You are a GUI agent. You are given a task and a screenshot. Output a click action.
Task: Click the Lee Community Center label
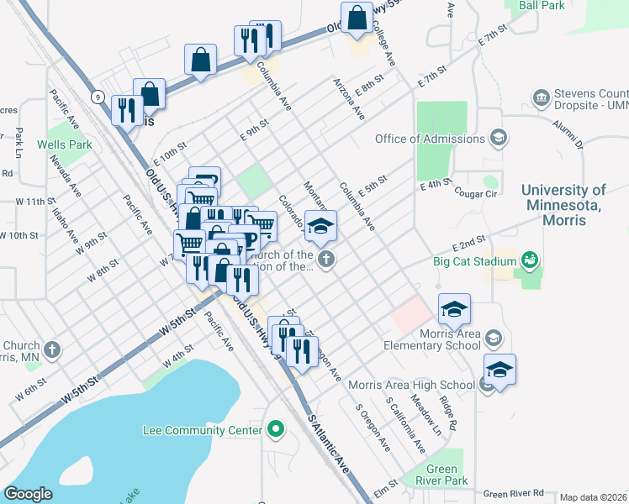[x=202, y=431]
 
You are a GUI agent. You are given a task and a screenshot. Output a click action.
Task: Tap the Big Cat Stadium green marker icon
[x=530, y=260]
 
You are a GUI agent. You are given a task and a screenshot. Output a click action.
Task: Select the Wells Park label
[x=64, y=144]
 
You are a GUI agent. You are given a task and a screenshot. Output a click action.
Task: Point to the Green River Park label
[x=441, y=475]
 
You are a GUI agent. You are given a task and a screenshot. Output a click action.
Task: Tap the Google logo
[x=29, y=494]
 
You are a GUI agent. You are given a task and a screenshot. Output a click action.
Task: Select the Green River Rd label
[x=514, y=493]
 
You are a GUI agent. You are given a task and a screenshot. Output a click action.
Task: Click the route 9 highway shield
[x=98, y=97]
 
